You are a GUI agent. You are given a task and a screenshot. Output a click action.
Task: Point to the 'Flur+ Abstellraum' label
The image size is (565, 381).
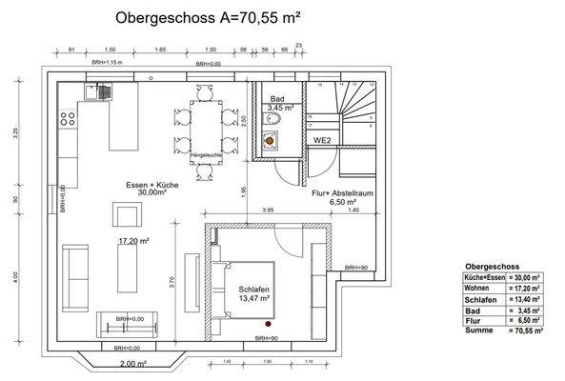pyautogui.click(x=341, y=196)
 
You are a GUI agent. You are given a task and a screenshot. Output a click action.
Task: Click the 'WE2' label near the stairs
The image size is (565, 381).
pyautogui.click(x=322, y=140)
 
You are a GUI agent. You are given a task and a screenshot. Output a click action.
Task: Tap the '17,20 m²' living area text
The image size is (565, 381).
pyautogui.click(x=133, y=242)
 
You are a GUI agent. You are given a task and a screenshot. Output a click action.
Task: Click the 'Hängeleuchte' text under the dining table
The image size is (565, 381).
pyautogui.click(x=208, y=153)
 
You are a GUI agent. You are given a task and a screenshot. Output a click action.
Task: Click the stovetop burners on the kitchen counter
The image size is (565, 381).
pyautogui.click(x=67, y=120)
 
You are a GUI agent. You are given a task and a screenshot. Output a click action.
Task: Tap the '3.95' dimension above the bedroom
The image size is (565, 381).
pyautogui.click(x=269, y=210)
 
